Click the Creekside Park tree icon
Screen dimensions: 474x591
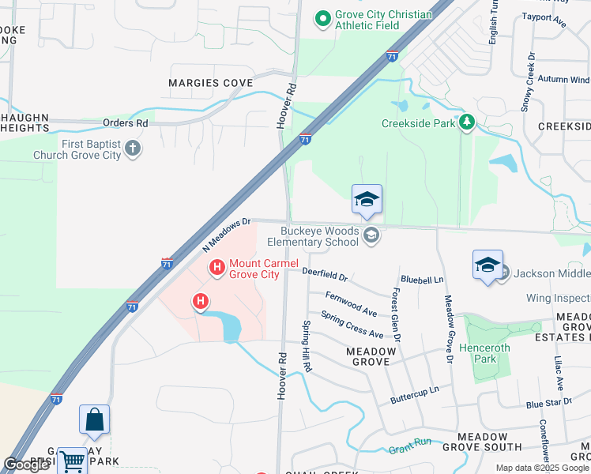click(468, 122)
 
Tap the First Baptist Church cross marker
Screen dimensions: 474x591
click(133, 147)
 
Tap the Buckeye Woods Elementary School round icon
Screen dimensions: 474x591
click(371, 235)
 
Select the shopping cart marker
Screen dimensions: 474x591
click(72, 461)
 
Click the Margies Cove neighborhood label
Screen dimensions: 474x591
click(211, 83)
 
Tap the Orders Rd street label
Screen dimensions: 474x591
click(126, 123)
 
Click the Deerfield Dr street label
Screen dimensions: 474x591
click(325, 274)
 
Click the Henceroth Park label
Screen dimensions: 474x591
click(484, 353)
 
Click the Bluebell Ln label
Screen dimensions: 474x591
click(422, 280)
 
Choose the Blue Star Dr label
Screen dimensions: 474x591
click(548, 404)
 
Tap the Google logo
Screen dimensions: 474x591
click(26, 465)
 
